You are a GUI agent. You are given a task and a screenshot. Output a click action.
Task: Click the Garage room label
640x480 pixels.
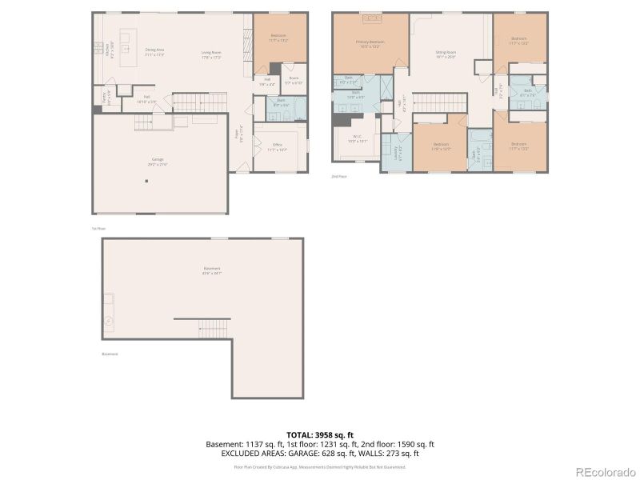[x=158, y=160]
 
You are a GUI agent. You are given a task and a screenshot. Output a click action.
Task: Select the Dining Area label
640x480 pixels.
[x=154, y=52]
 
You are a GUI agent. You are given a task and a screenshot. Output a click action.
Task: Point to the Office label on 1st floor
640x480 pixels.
[x=278, y=146]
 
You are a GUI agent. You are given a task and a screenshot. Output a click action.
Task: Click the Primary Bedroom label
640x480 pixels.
[x=370, y=43]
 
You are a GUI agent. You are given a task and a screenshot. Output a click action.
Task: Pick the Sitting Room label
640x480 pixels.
[x=445, y=54]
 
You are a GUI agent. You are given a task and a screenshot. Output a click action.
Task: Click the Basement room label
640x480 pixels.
[x=211, y=270]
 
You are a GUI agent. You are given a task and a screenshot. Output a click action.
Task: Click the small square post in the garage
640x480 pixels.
[x=146, y=182]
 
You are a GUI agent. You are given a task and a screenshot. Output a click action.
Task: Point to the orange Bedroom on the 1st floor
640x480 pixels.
[x=279, y=37]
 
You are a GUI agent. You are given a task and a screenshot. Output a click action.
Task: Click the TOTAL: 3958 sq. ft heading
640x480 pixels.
[x=319, y=435]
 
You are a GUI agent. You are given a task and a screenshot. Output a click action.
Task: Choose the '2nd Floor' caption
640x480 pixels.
[x=338, y=176]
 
